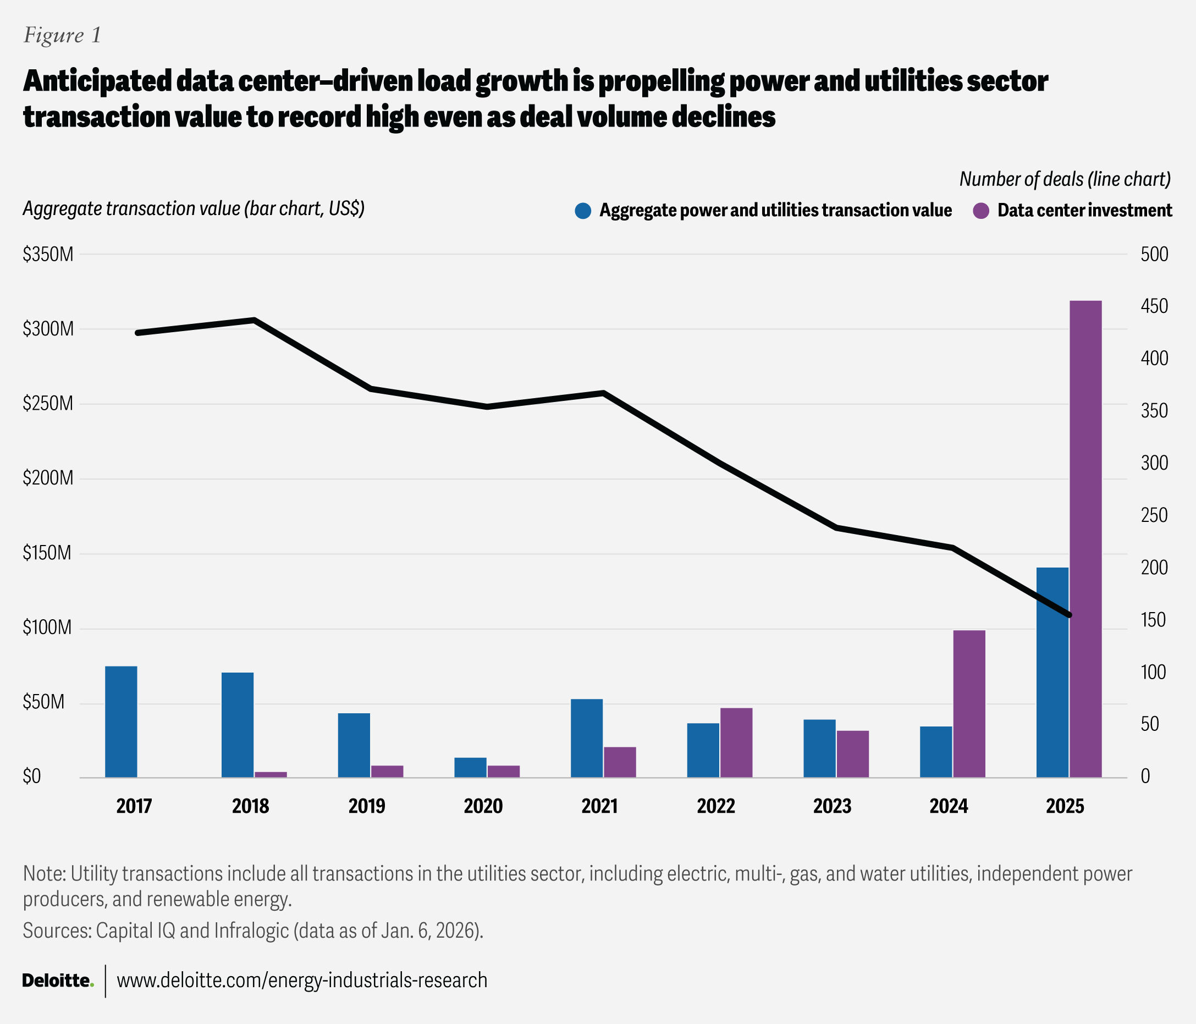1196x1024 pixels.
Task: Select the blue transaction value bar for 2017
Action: click(121, 722)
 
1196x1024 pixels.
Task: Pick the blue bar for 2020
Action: click(471, 767)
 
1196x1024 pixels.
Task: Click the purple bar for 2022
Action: click(736, 742)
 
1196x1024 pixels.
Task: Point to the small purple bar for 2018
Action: click(271, 775)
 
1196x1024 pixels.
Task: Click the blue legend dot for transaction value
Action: click(583, 211)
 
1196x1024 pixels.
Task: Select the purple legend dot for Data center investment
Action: click(980, 211)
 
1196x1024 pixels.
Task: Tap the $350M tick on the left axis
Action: click(48, 255)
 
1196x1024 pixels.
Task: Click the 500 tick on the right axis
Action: click(1154, 255)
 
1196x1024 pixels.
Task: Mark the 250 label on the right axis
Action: click(1154, 515)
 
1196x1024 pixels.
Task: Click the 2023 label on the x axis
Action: click(833, 806)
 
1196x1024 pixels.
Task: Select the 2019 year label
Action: click(367, 806)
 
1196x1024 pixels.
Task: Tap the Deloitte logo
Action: click(58, 981)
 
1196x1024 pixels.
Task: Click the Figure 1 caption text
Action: click(62, 36)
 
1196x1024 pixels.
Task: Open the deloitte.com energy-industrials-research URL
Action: click(302, 981)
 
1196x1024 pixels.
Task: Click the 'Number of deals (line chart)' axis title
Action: click(1065, 179)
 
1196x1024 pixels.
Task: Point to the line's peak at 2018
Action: click(254, 320)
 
